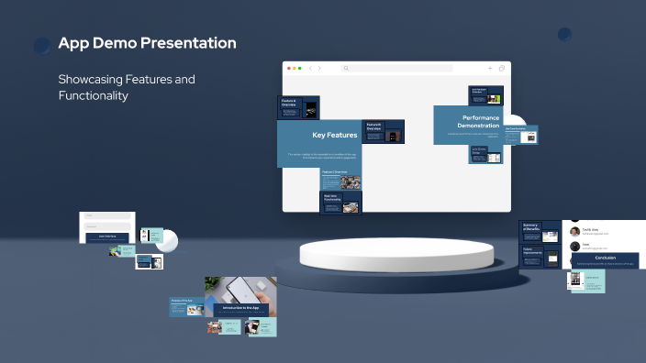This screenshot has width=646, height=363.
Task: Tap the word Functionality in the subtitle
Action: pos(93,95)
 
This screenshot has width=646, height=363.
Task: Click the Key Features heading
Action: pos(335,136)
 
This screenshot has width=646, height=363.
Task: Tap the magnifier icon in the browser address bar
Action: pos(346,69)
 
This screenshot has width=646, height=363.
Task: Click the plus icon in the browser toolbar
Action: pos(490,69)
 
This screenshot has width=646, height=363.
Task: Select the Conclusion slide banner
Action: pos(605,258)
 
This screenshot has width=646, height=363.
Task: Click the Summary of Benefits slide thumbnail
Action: pos(540,231)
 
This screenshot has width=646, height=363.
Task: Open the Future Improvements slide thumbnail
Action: pos(540,256)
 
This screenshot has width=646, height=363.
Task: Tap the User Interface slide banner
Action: pos(107,236)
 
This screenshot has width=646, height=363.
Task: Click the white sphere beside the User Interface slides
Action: pos(167,240)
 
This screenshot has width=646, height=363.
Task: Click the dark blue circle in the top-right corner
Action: pos(564,35)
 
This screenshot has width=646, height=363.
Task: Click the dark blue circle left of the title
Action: pos(42,45)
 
